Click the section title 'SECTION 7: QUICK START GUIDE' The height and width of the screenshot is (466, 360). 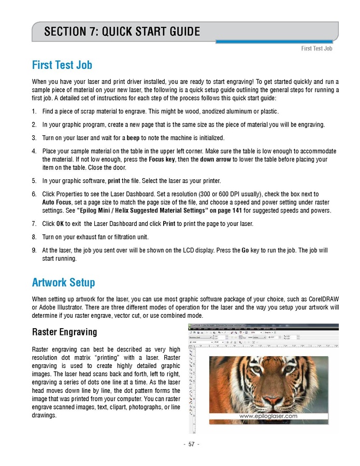(x=122, y=32)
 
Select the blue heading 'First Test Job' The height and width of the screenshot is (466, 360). (x=62, y=65)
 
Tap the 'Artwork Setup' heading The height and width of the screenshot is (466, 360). (x=63, y=283)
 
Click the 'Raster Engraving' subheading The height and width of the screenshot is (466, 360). (x=64, y=332)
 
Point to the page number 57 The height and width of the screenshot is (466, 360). (x=191, y=444)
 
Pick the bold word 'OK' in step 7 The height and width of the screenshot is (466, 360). (x=60, y=224)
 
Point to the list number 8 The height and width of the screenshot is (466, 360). (x=34, y=237)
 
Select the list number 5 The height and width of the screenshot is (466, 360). (x=34, y=181)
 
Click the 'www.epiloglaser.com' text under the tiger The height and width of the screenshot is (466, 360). (x=268, y=416)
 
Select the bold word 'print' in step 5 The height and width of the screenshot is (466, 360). (x=113, y=181)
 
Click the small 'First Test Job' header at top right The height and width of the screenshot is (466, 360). (x=316, y=49)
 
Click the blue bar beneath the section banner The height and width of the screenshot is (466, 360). (x=277, y=41)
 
